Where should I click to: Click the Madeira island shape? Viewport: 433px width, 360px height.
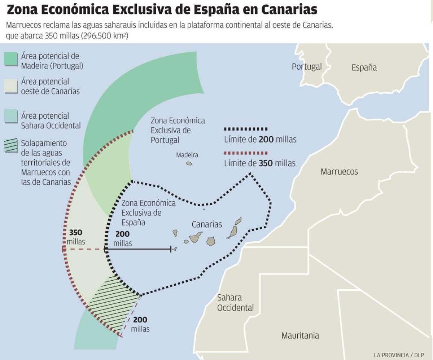click(189, 164)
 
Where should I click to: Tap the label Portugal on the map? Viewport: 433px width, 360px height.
click(307, 67)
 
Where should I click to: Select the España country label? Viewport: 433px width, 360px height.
click(364, 67)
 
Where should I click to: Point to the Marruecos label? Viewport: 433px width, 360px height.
click(339, 171)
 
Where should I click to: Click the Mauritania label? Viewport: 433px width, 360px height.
click(300, 335)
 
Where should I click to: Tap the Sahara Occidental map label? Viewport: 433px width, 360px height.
click(235, 303)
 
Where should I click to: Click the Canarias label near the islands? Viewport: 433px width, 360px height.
click(207, 224)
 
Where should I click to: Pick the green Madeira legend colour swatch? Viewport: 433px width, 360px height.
click(11, 59)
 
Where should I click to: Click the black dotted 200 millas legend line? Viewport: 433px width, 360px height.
click(246, 129)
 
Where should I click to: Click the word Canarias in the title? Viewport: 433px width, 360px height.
click(289, 10)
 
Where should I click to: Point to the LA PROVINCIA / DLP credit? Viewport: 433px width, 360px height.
click(399, 355)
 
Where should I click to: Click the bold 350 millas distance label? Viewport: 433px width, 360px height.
click(76, 237)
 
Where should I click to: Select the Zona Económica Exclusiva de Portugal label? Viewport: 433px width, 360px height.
click(178, 130)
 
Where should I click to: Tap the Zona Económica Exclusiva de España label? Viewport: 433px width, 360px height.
click(148, 212)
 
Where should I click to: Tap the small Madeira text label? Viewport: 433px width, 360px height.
click(187, 155)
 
